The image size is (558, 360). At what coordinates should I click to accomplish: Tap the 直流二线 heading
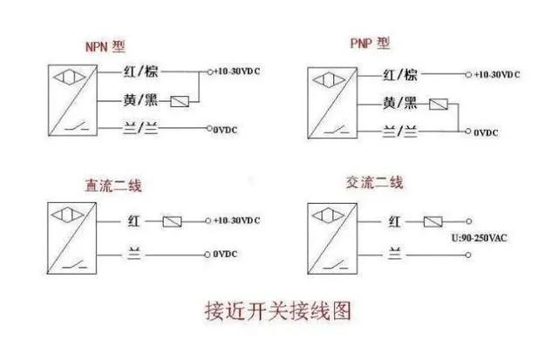(113, 186)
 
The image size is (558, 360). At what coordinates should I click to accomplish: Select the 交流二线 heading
(374, 183)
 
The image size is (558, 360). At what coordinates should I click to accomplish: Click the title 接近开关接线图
(278, 309)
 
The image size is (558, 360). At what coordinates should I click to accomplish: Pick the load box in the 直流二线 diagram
(172, 222)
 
